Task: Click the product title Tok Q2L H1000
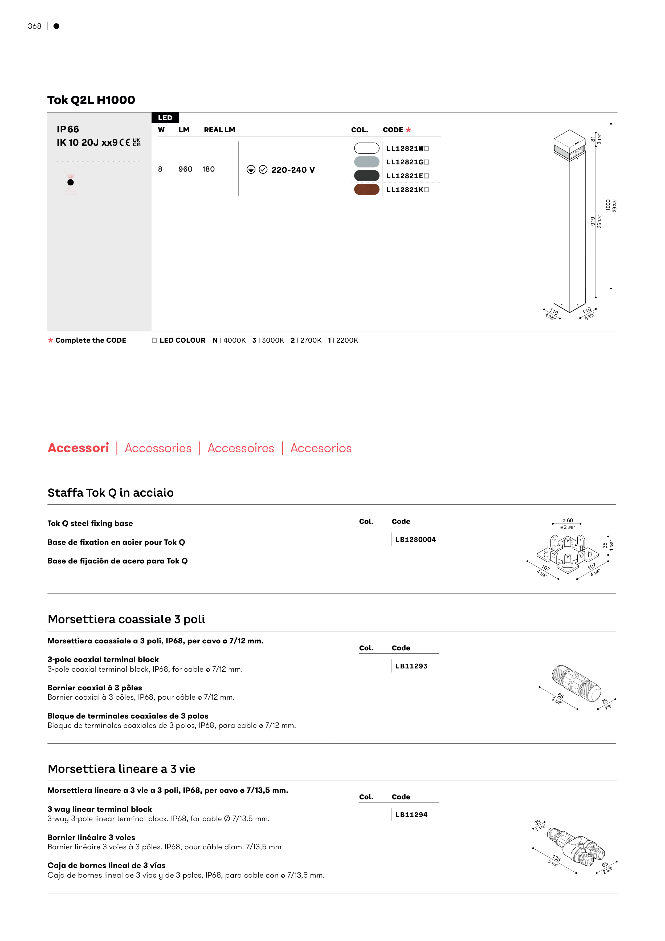coord(91,100)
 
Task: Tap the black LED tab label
coord(165,118)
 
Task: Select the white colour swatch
coord(366,148)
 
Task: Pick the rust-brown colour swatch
coord(366,189)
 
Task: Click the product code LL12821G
coord(405,162)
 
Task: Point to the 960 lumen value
coord(185,169)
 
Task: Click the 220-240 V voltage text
coord(293,170)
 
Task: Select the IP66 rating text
coord(68,129)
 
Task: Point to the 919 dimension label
coord(593,221)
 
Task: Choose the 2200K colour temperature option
coord(343,340)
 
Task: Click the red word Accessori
coord(78,448)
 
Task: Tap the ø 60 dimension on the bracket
coord(568,521)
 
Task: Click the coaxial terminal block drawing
coord(576,682)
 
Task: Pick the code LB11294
coord(411,815)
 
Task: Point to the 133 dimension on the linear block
coord(556,858)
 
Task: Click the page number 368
coord(34,26)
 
